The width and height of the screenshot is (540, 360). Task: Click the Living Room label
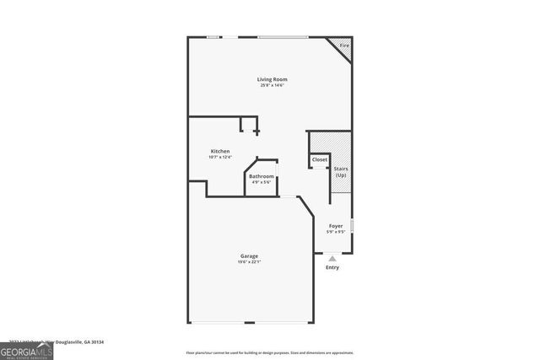(267, 79)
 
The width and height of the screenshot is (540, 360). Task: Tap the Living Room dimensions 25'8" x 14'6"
(267, 85)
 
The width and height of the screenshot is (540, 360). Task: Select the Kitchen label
(219, 151)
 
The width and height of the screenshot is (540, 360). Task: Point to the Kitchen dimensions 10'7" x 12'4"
(219, 157)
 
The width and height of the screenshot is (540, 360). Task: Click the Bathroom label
(261, 176)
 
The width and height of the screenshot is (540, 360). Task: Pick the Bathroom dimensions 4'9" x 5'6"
(261, 182)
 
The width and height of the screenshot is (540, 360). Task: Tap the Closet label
(320, 159)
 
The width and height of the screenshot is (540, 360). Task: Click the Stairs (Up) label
(341, 172)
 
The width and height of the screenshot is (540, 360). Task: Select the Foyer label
(335, 226)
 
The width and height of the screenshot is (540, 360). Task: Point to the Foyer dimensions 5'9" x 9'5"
(335, 232)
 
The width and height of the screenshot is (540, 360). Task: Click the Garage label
(248, 255)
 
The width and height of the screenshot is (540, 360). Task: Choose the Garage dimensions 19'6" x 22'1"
(248, 261)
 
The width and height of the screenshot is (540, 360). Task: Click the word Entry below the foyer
(332, 268)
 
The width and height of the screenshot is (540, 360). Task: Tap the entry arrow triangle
(332, 259)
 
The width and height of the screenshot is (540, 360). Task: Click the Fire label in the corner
(343, 45)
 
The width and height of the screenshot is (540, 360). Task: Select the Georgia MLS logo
(26, 350)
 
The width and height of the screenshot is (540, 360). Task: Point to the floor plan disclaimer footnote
(269, 352)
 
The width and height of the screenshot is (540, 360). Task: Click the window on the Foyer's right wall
(352, 225)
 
